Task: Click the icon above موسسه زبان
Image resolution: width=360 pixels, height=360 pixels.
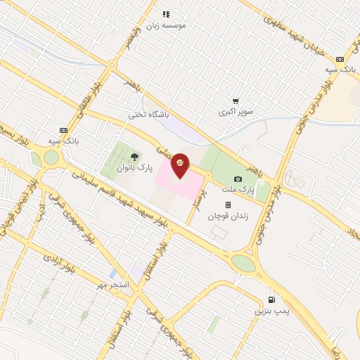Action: pos(166,13)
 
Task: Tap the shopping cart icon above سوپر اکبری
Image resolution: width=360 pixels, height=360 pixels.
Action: pos(236,101)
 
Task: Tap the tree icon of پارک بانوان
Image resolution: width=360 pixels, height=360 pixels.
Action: pos(134,157)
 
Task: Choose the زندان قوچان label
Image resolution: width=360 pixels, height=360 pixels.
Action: pos(228,216)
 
